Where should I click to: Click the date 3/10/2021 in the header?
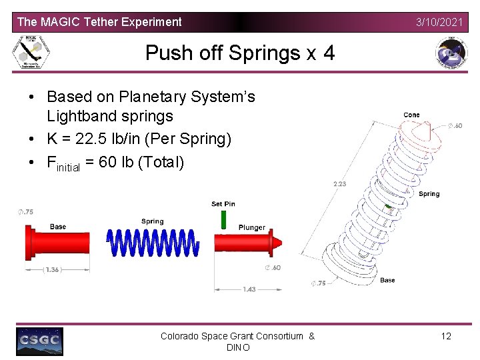[x=439, y=22]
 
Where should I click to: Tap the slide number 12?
[x=446, y=336]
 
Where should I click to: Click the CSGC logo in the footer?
[x=40, y=341]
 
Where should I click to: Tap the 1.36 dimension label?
[x=54, y=270]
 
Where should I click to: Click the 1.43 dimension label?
[x=249, y=289]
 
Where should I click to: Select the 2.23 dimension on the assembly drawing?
[x=339, y=184]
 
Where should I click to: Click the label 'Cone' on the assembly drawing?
[x=411, y=115]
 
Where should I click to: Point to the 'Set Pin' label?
[x=223, y=204]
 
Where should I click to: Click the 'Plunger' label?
[x=252, y=227]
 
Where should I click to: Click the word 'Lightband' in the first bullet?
[x=77, y=116]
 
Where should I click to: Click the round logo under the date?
[x=451, y=53]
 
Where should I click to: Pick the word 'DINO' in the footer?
[x=238, y=347]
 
